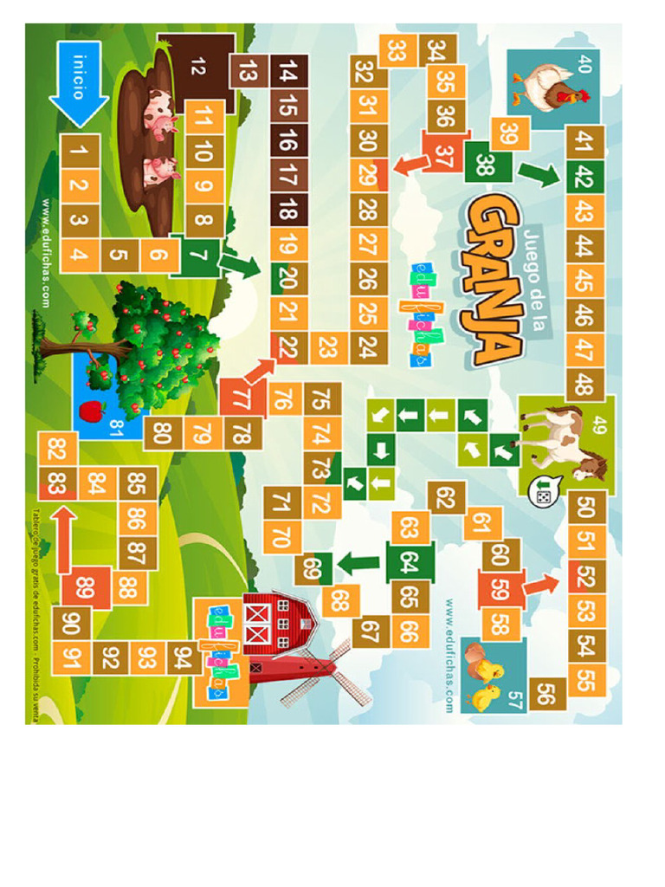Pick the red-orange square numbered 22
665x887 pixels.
287,347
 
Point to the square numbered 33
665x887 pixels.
397,51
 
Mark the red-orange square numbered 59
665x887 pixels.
501,590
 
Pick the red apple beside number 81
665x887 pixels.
92,408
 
